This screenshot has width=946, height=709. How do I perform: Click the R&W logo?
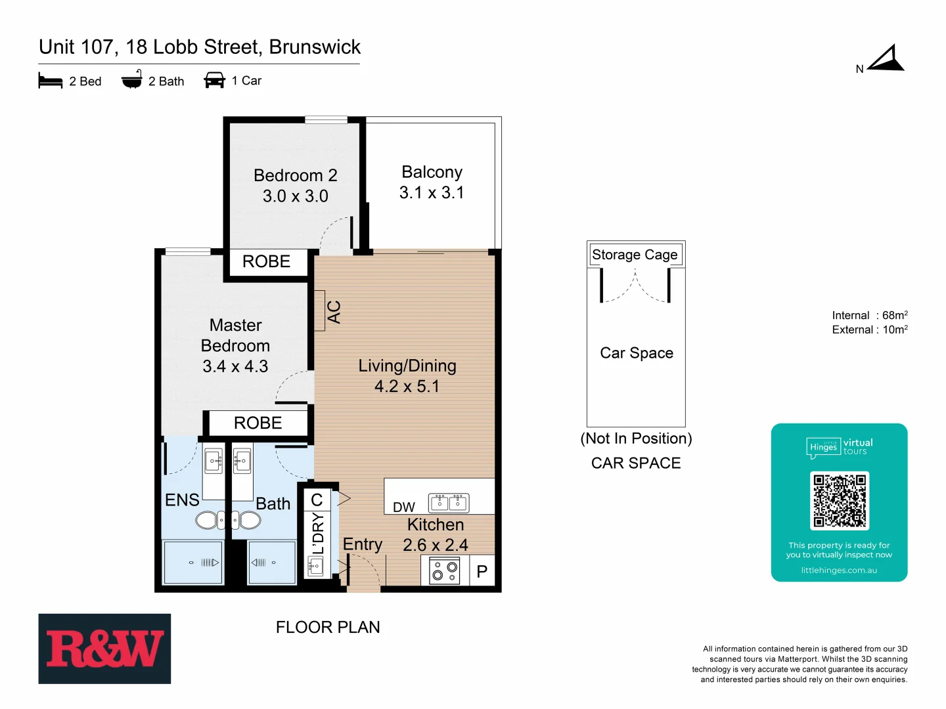[104, 649]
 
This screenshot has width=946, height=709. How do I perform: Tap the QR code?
[839, 501]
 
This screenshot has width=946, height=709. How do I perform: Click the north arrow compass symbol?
[886, 59]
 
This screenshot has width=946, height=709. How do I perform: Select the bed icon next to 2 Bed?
[51, 81]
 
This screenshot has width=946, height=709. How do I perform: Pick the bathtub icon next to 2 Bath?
[132, 79]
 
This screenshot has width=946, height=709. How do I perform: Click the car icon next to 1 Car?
[215, 80]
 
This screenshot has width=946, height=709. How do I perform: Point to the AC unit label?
[334, 311]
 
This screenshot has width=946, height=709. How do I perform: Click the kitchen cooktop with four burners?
[445, 571]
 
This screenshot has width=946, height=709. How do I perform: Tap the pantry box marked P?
[482, 571]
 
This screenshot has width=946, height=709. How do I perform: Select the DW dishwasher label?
[404, 507]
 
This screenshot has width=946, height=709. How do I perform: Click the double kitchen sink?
[449, 503]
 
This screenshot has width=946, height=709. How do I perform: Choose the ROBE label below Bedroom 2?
[266, 262]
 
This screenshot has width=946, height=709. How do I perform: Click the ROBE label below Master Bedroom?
[258, 423]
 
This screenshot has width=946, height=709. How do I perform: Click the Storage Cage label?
[635, 255]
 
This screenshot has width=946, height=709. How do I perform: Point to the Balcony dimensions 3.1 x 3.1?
[432, 193]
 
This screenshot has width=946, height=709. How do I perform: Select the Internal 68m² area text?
[869, 316]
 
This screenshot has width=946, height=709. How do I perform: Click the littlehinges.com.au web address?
[839, 570]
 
